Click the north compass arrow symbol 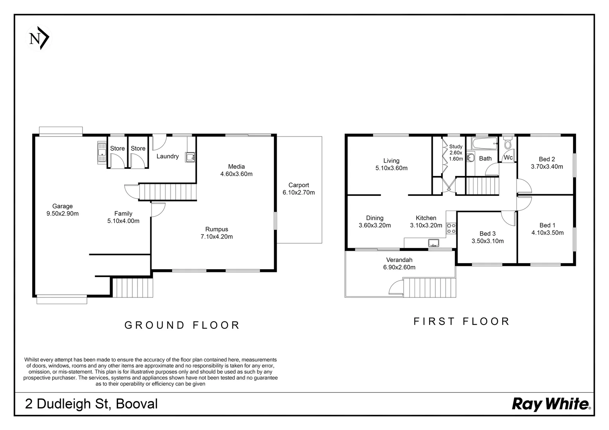(39, 38)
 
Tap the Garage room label (63, 206)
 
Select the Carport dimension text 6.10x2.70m (299, 193)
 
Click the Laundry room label (167, 156)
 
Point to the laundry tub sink (190, 157)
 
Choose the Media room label (236, 166)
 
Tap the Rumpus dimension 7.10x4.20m (217, 236)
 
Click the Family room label (123, 213)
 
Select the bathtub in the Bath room (485, 143)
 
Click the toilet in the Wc (508, 142)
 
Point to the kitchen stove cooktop (451, 228)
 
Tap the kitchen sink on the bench (434, 242)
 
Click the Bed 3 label (487, 234)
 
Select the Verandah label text (399, 260)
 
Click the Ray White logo (551, 404)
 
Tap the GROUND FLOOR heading (182, 325)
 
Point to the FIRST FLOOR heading (462, 321)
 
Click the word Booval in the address (137, 404)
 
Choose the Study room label (456, 147)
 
